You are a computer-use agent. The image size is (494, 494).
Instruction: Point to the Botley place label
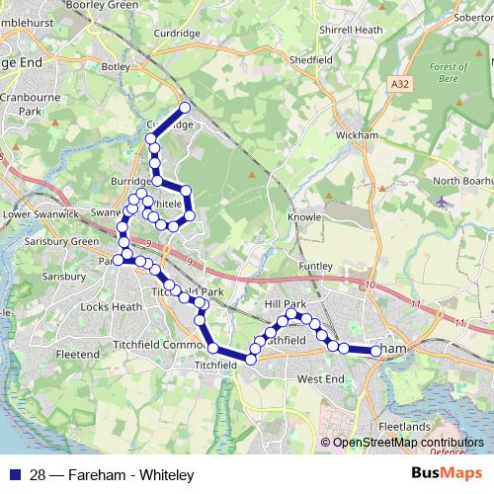116,67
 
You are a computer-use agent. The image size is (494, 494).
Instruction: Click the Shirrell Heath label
350,31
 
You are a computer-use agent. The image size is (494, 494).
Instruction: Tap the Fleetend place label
78,354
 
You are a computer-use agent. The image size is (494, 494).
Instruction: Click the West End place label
320,379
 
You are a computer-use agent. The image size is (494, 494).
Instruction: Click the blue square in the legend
14,474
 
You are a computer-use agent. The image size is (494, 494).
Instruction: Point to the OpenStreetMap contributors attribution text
408,443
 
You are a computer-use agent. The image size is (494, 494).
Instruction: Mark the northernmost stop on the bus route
184,108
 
